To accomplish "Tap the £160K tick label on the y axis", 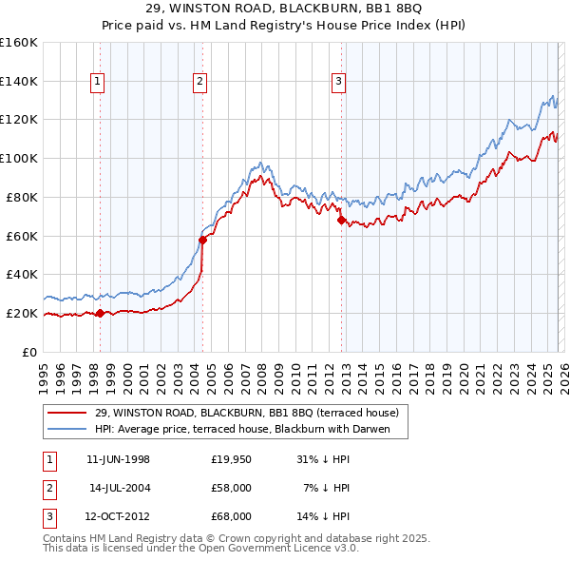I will coord(19,43).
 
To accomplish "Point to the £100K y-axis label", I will coord(19,158).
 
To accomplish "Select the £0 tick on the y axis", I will coord(28,352).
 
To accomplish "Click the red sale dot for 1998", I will coord(100,313).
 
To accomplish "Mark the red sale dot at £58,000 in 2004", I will coord(202,240).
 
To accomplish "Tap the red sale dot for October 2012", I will coord(340,221).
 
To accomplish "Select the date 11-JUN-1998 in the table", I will coord(118,459).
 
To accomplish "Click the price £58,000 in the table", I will coord(232,488).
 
